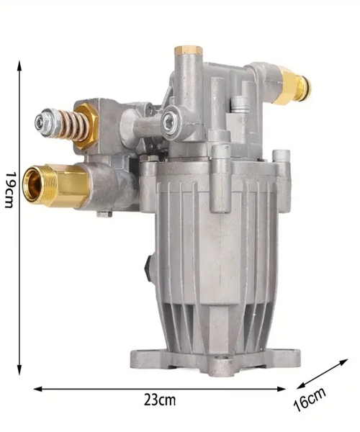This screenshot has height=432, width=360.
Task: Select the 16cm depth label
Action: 310,398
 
